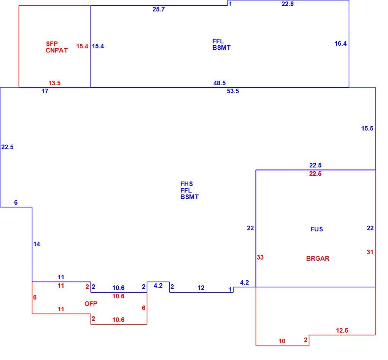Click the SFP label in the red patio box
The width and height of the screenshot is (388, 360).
click(x=52, y=44)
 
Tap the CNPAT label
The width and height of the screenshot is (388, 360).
click(x=57, y=50)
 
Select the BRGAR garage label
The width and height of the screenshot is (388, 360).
click(x=318, y=258)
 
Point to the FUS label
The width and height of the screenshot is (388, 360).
click(x=317, y=229)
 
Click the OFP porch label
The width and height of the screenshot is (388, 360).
click(x=91, y=304)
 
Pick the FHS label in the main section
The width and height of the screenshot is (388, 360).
click(x=186, y=184)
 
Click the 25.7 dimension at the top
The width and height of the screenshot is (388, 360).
click(x=159, y=10)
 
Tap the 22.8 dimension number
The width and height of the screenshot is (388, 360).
click(x=288, y=4)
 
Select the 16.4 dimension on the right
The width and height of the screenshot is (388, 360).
click(x=341, y=44)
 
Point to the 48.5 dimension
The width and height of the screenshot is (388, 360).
click(x=219, y=83)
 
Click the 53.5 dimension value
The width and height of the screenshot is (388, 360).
click(x=233, y=91)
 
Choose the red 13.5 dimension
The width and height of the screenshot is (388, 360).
click(x=54, y=83)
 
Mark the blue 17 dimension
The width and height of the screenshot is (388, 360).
click(x=45, y=91)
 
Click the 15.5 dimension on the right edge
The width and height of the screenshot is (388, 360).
click(x=367, y=129)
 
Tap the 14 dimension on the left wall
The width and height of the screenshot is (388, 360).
click(x=37, y=244)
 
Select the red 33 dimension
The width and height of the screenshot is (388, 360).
click(x=260, y=258)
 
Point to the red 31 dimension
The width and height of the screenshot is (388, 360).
click(x=370, y=252)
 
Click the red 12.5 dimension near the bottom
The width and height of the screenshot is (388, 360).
click(x=342, y=331)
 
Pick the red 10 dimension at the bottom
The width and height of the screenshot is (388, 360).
click(x=282, y=341)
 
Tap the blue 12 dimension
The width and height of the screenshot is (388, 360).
click(x=201, y=288)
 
